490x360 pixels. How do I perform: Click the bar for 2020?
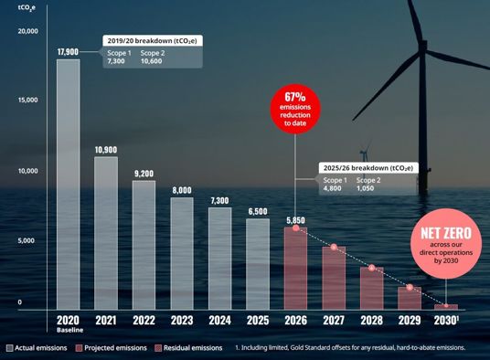coord(69,185)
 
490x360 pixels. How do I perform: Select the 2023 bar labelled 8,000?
coord(182,253)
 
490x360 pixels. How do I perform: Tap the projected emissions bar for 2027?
coord(334,278)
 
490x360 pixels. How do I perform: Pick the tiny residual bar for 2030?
coord(446,307)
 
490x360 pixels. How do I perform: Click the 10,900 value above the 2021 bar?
coord(106,150)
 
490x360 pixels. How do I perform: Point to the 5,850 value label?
coord(295,220)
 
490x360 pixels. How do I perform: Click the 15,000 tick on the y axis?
coord(27,100)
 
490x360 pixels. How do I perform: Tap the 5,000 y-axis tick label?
coord(26,240)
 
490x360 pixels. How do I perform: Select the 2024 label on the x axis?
coord(220,321)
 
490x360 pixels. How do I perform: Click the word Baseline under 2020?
coord(70,330)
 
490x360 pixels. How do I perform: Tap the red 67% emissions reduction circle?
coord(295,109)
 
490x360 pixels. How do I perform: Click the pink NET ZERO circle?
coord(446,244)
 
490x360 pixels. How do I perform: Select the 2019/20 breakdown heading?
coord(152,41)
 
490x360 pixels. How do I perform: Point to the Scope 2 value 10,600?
coord(151,61)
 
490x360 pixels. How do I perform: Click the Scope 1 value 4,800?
coord(332,188)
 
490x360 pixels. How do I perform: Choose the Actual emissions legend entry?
coord(37,348)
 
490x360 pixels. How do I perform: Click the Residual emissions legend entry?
coord(188,348)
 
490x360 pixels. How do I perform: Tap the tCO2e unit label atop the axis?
coord(27,8)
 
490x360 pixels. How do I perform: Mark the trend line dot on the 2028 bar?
coord(371,268)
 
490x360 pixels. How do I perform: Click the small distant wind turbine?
coord(364,159)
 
